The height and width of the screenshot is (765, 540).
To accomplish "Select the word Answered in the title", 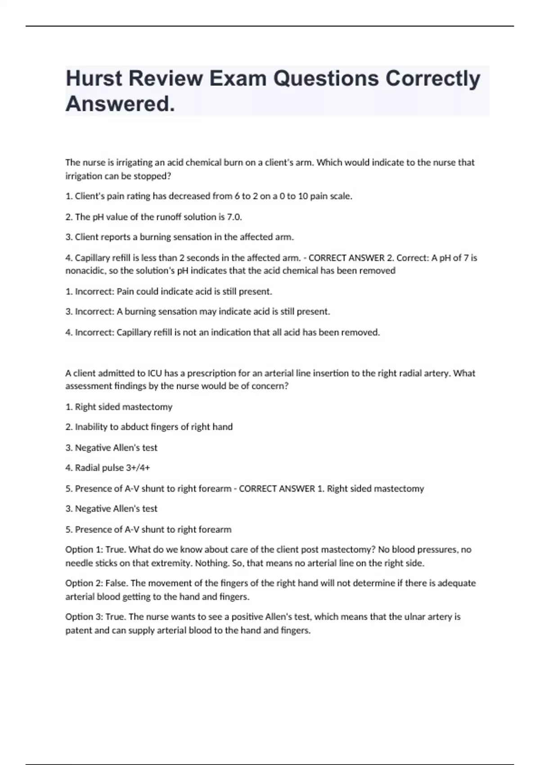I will pos(120,104).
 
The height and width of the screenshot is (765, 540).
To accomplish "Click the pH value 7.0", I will pos(234,217).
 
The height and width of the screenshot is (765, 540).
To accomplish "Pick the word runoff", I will pos(169,217).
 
